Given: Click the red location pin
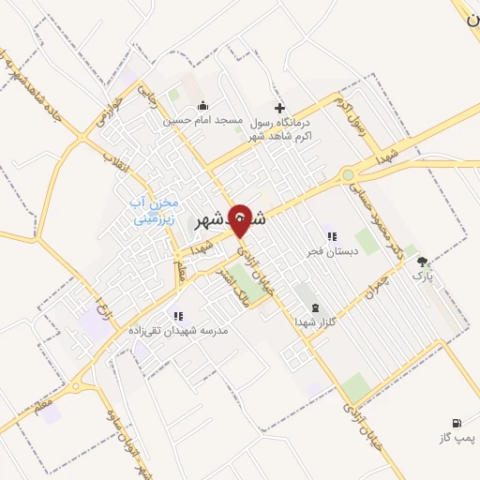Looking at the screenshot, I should pyautogui.click(x=241, y=221).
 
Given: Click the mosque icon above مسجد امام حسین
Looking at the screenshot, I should pyautogui.click(x=203, y=105).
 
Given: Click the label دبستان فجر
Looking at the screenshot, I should pyautogui.click(x=327, y=251).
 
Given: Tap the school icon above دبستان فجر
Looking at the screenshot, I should pyautogui.click(x=330, y=236).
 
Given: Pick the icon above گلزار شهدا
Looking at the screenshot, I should pyautogui.click(x=313, y=307).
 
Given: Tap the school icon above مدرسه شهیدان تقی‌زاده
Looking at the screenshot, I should pyautogui.click(x=178, y=316).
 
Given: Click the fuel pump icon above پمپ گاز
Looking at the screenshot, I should pyautogui.click(x=457, y=423).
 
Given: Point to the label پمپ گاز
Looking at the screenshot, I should pyautogui.click(x=457, y=438).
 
